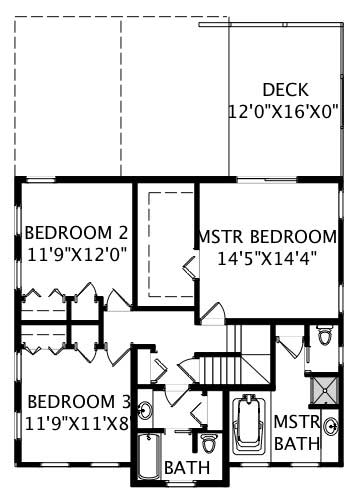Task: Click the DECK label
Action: pos(285,90)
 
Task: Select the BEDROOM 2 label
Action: pos(76,234)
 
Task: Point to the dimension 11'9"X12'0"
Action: pos(76,254)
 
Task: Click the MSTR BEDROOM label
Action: pos(267,237)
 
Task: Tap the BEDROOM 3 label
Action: pos(78,401)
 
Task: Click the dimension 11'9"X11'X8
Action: pos(78,421)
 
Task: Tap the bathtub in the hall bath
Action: pos(149,455)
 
